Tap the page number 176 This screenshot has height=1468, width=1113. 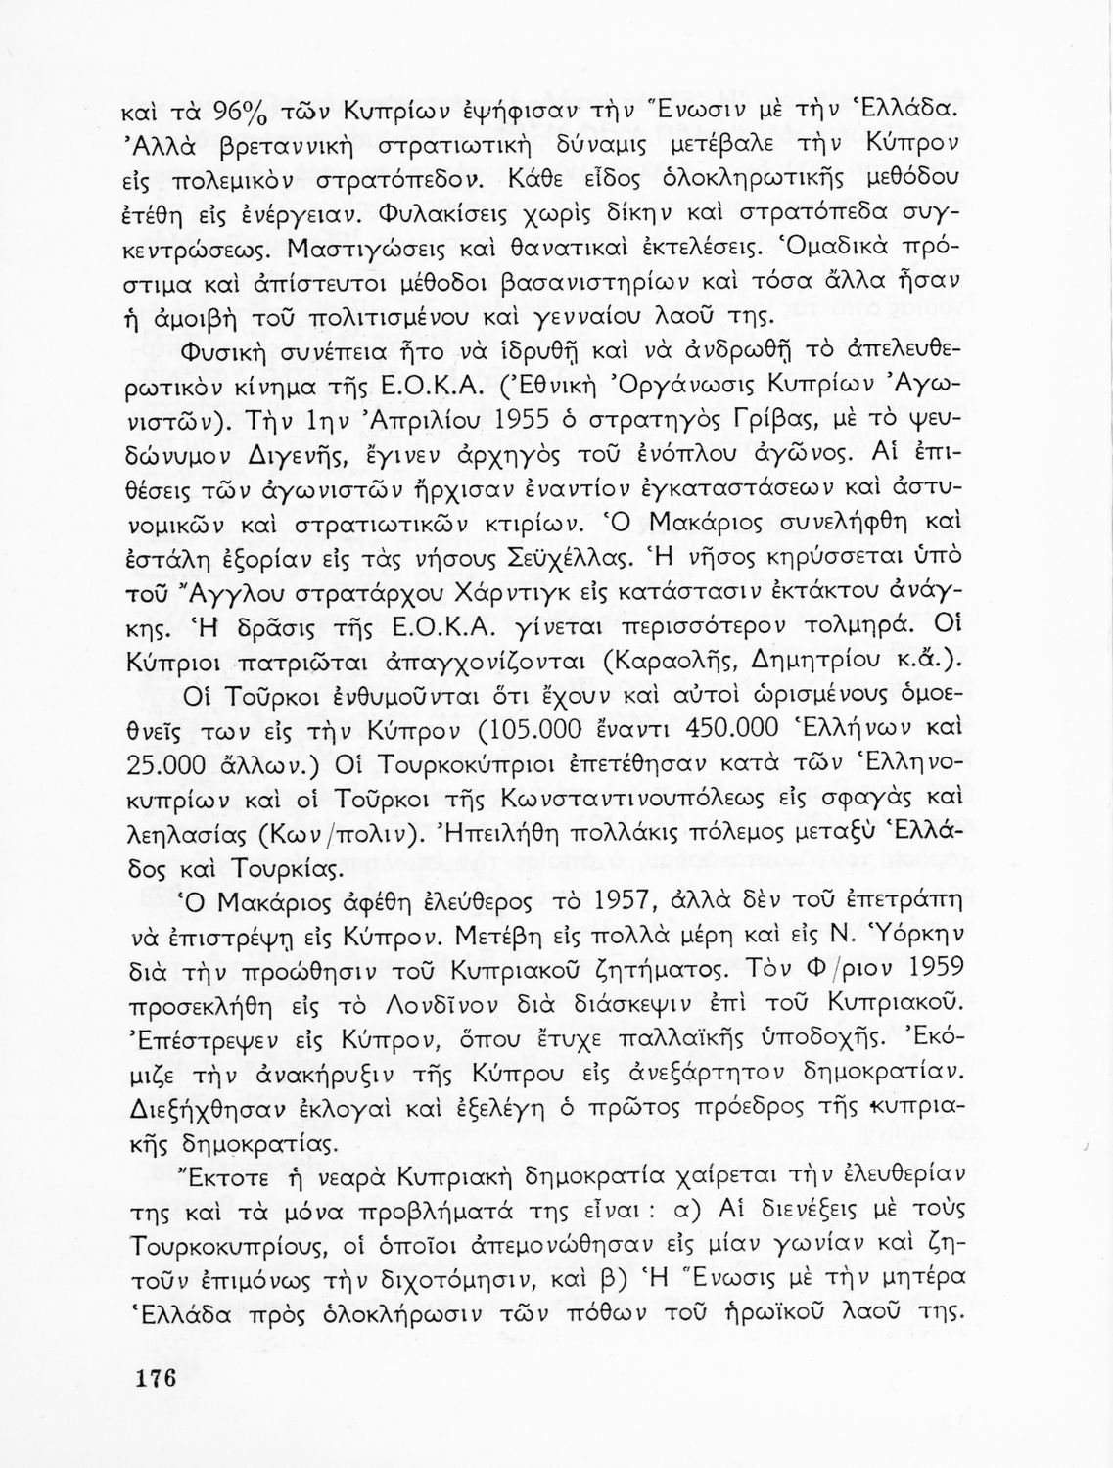coord(157,1380)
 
